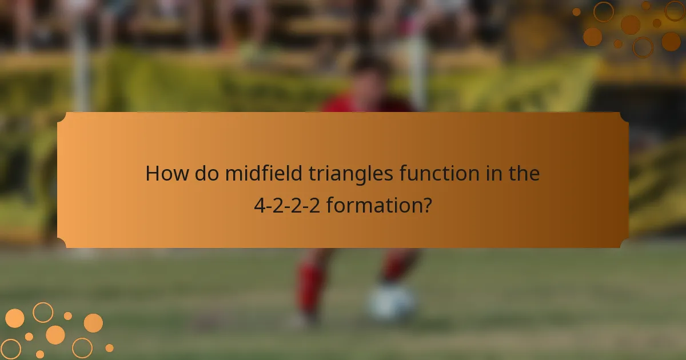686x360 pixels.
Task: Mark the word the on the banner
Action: [x=523, y=174]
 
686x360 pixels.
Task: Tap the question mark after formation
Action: [x=426, y=205]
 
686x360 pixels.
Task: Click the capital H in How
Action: [x=153, y=174]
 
